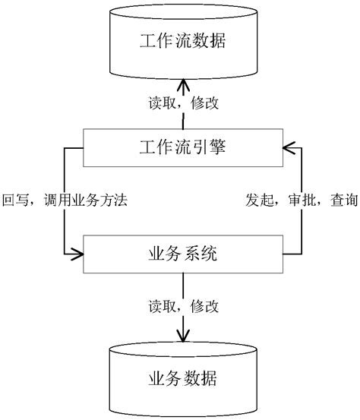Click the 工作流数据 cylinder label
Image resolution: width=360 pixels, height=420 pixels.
[x=182, y=42]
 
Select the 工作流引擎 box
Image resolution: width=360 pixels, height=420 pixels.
[x=182, y=147]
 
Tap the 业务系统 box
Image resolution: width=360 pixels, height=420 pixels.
[x=182, y=255]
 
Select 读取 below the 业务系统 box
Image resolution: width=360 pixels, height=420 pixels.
[x=159, y=307]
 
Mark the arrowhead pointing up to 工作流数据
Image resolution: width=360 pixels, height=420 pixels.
[x=182, y=84]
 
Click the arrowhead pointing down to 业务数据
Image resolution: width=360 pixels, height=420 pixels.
[x=182, y=335]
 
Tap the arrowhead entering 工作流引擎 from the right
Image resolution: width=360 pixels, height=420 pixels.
[x=289, y=147]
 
